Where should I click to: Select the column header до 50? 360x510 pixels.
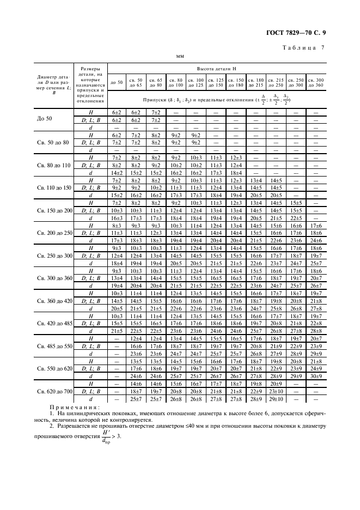tap(117, 82)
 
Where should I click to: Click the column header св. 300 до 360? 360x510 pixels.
tap(315, 82)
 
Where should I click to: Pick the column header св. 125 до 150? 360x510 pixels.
tap(215, 82)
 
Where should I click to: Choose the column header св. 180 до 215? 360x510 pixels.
tap(255, 82)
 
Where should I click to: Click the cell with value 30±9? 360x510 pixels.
tap(315, 376)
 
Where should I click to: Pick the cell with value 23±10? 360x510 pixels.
tap(276, 391)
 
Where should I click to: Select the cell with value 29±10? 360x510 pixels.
tap(276, 399)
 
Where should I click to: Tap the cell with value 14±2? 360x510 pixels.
tap(117, 172)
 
